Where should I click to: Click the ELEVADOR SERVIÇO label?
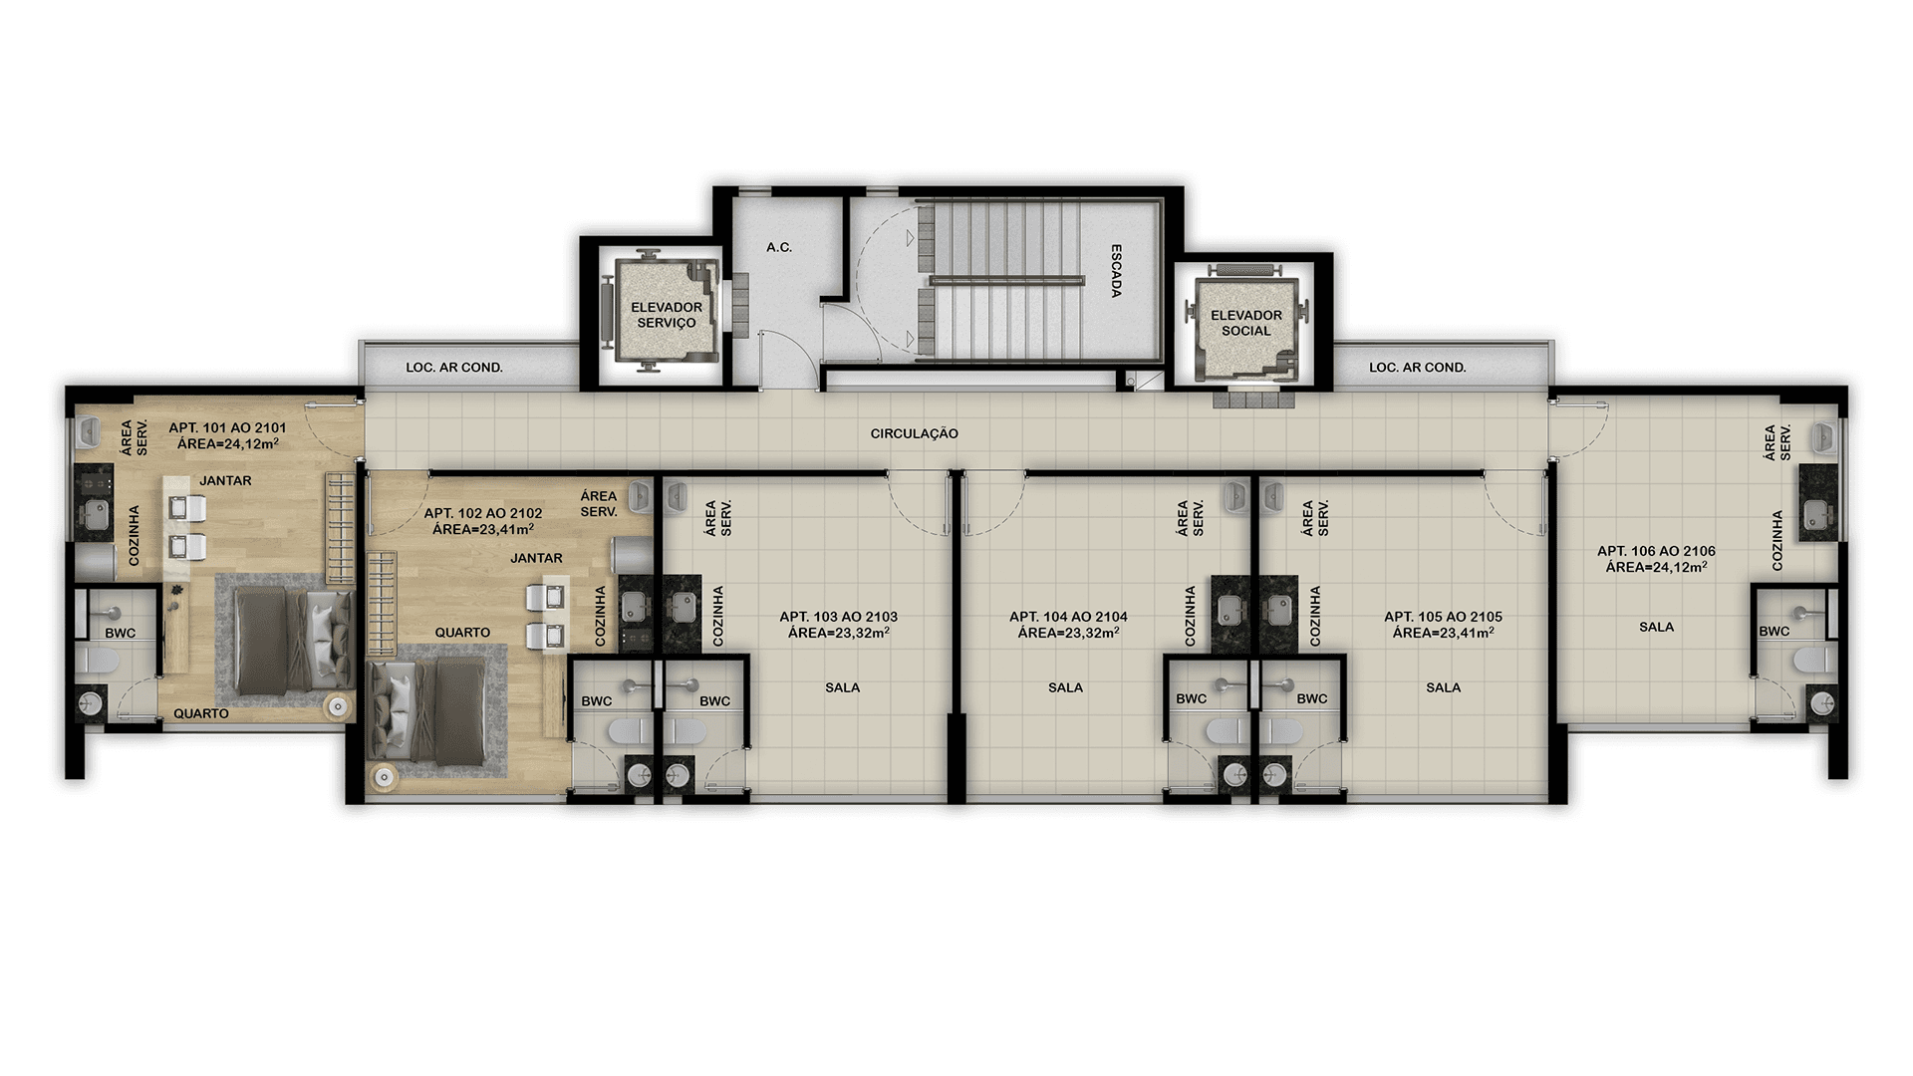(667, 315)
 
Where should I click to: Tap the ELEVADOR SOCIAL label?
(1245, 323)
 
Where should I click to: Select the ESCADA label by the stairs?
(1116, 271)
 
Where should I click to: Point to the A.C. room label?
(779, 247)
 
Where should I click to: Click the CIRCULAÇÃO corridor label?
(914, 433)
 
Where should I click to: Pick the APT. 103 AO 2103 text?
(838, 617)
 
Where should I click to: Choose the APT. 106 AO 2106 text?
(1656, 551)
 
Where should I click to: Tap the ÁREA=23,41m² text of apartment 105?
(1443, 632)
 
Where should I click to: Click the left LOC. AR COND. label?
(453, 368)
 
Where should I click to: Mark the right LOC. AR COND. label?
(1417, 368)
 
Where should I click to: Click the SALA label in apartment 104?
(1065, 687)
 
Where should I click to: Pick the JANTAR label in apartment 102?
(536, 558)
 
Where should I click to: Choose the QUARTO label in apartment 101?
(201, 713)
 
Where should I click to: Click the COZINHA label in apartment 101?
(135, 536)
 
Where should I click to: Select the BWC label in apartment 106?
(1774, 631)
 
